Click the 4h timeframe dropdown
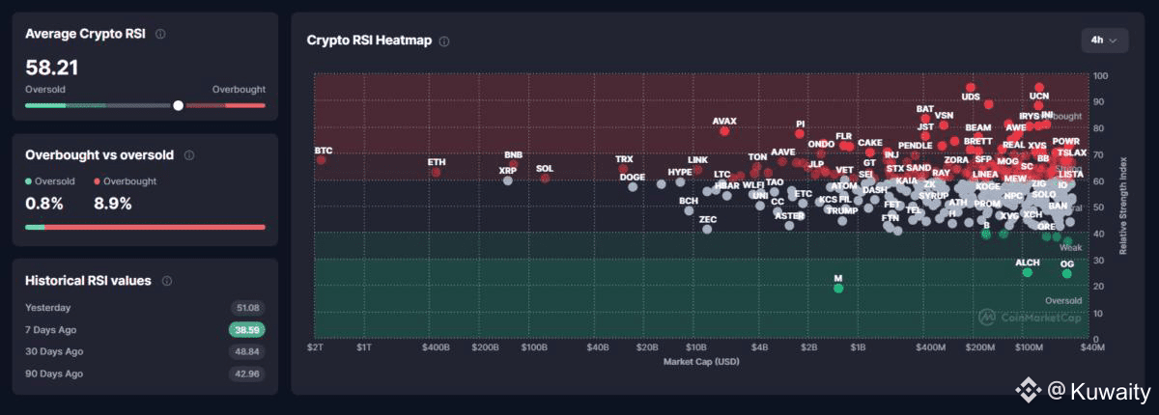click(1103, 40)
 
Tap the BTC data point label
click(323, 151)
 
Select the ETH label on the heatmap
click(437, 161)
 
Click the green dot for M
click(838, 288)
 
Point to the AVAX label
click(724, 122)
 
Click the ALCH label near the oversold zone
click(1028, 263)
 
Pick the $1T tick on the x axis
click(364, 346)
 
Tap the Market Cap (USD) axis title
click(702, 362)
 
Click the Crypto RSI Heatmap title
click(370, 41)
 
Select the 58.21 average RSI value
click(52, 68)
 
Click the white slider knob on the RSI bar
click(178, 105)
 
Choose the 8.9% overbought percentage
click(112, 204)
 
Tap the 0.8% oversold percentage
click(44, 204)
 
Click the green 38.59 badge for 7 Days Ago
click(246, 329)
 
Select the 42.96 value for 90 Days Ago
click(246, 373)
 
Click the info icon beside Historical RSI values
click(167, 281)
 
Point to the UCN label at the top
click(1039, 97)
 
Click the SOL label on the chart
click(545, 168)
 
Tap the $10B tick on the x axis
click(695, 346)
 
